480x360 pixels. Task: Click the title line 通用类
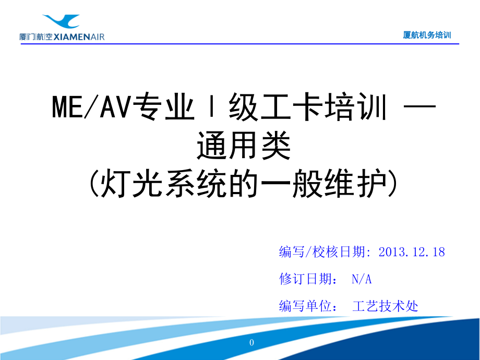[243, 146]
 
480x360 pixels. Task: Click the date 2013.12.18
[412, 252]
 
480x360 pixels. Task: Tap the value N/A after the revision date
[362, 279]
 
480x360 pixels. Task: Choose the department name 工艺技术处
[386, 306]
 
